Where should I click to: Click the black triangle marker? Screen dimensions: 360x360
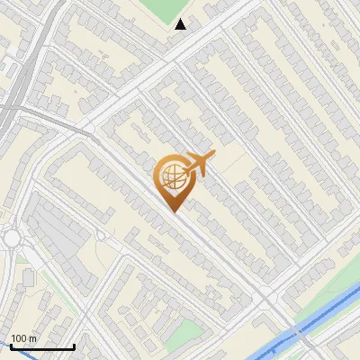pos(181,24)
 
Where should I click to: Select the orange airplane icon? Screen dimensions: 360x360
pos(199,165)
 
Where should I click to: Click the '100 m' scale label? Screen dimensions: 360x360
pos(23,338)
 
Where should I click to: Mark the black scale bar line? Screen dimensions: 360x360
pos(41,346)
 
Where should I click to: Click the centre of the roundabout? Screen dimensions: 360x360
pos(11,238)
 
